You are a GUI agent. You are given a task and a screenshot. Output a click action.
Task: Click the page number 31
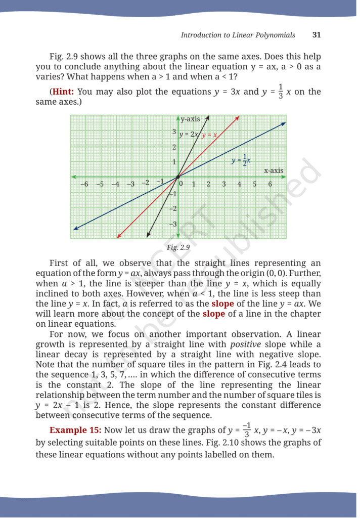[317, 35]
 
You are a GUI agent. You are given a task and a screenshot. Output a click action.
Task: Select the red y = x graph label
[209, 135]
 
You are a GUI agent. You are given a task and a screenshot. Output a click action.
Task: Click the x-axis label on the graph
[274, 170]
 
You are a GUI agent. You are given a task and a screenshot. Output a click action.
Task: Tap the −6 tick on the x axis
[84, 184]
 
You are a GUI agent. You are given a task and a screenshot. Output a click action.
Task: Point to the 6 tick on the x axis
[270, 184]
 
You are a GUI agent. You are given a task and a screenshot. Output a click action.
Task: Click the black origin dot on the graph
[177, 177]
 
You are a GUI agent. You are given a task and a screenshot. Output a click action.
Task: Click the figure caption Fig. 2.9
[178, 247]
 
